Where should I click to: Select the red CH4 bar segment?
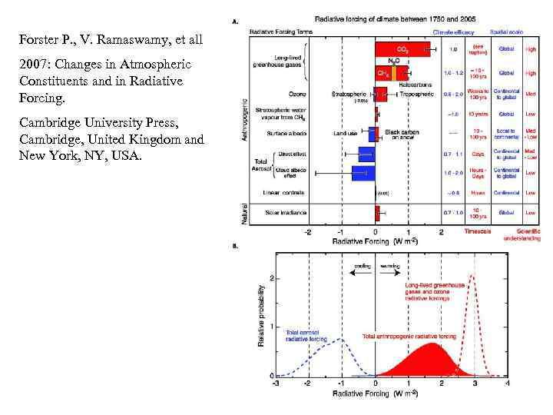(x=383, y=74)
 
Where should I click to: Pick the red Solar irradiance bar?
(x=377, y=212)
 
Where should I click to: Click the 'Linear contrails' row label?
(x=283, y=193)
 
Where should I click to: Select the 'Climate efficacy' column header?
(x=453, y=32)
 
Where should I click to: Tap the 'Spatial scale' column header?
(x=507, y=32)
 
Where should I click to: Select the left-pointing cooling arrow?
(x=361, y=274)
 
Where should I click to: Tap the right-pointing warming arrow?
(x=389, y=274)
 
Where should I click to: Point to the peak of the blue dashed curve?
(x=340, y=339)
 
